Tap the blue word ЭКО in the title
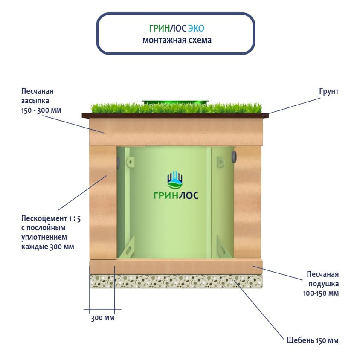pos(196,29)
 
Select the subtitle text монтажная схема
pos(176,41)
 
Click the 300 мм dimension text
pos(103,318)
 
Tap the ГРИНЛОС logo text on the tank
pos(175,196)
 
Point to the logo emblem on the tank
pos(175,180)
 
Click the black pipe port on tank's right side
pos(233,156)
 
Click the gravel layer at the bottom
pos(175,280)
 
